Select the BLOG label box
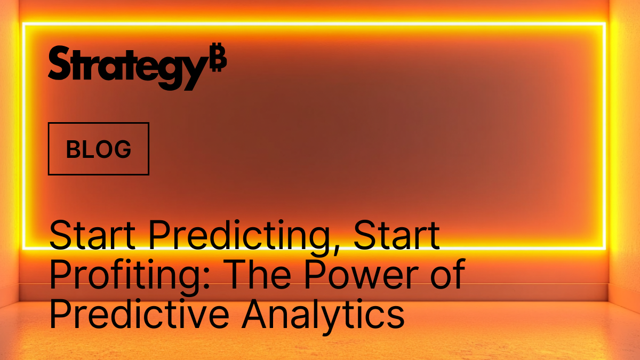99,149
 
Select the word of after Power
445,276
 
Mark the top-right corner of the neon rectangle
605,24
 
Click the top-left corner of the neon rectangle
23,24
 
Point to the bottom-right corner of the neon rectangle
605,248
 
